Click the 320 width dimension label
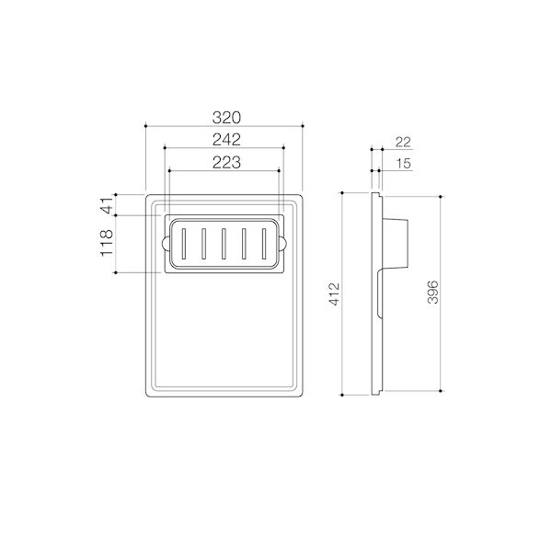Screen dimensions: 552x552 (x=225, y=118)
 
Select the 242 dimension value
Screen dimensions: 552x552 (x=225, y=140)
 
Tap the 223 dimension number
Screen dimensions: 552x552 (x=225, y=162)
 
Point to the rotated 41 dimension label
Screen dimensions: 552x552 (x=107, y=205)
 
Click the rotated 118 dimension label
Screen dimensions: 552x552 (x=107, y=244)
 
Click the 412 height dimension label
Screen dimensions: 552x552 (x=335, y=294)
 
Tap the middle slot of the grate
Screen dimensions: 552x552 (x=224, y=244)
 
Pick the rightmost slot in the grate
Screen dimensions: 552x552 (x=265, y=244)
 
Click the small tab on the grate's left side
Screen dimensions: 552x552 (x=163, y=244)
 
